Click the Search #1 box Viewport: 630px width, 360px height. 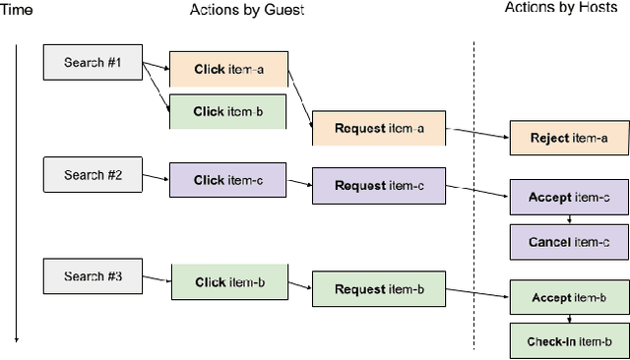93,63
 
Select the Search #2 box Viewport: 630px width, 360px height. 93,175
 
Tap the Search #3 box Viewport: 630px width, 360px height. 93,276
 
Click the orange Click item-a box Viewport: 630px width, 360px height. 228,70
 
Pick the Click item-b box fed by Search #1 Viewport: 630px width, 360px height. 228,111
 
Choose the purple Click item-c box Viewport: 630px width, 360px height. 228,180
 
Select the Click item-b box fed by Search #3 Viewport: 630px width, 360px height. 229,282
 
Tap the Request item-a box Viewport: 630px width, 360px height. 379,129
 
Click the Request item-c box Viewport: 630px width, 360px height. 379,185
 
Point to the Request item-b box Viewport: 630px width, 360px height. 379,289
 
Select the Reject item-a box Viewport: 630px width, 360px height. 570,138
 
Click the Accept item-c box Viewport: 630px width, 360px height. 570,197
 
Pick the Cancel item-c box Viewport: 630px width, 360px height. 570,242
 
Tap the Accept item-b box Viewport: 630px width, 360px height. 570,297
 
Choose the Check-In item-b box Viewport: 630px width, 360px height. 570,340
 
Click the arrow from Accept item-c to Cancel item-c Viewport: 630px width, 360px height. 570,219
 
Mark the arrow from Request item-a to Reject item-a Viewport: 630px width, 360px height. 477,133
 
